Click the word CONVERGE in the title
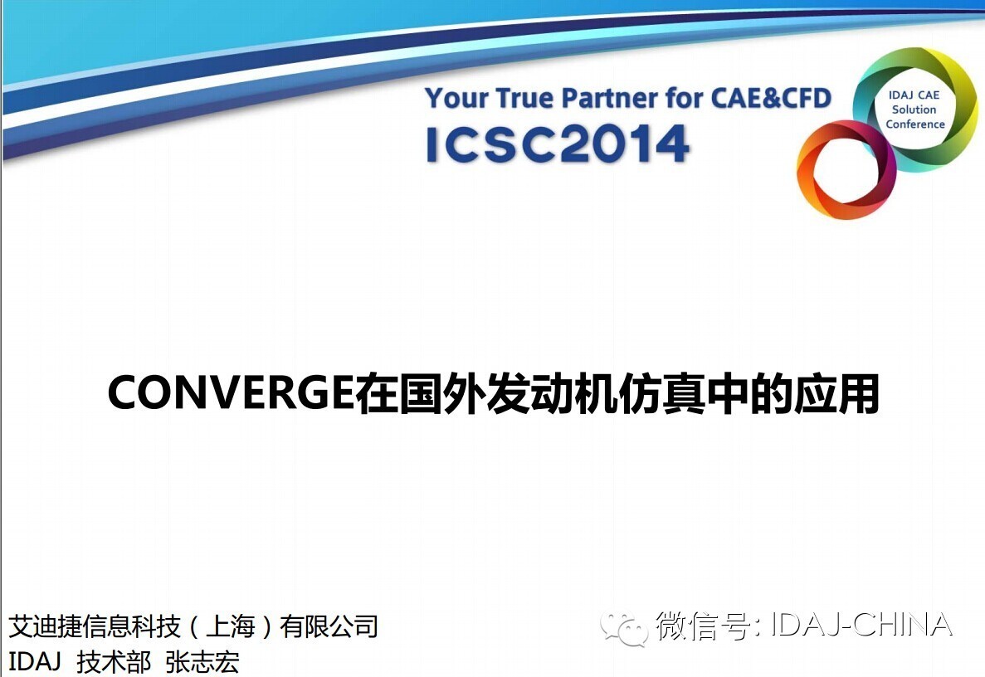point(231,392)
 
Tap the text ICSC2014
point(557,144)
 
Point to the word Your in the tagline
point(456,98)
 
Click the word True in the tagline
point(525,98)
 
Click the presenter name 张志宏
point(202,662)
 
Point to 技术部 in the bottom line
point(114,662)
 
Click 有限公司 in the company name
point(329,626)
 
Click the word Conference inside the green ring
point(914,124)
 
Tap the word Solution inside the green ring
point(914,110)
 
